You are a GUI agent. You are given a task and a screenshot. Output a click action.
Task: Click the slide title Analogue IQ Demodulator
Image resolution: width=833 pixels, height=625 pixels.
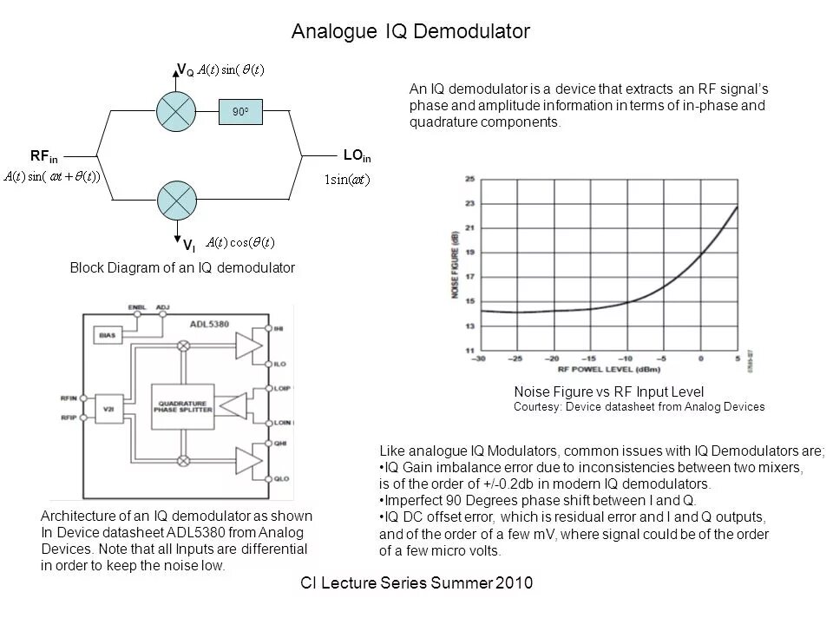point(410,32)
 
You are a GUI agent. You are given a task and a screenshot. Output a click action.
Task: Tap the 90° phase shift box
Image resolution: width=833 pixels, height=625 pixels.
point(241,111)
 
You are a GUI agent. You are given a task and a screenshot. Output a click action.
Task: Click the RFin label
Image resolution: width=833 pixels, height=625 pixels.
point(43,156)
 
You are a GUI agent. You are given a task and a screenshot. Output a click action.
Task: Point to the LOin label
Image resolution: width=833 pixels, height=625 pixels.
point(357,156)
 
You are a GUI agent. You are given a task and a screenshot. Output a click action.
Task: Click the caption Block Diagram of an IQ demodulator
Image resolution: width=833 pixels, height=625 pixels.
point(182,268)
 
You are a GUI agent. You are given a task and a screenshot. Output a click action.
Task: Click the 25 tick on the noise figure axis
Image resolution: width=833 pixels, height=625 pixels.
point(469,179)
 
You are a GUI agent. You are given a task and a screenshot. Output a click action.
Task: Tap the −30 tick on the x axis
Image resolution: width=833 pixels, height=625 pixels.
point(478,359)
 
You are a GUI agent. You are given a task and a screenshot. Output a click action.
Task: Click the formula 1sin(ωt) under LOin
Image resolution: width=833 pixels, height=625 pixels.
point(346,181)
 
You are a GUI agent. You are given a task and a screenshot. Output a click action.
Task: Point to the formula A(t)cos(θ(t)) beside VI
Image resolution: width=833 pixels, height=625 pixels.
point(245,242)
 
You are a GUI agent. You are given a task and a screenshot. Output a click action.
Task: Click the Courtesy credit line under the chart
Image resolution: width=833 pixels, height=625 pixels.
point(639,407)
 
